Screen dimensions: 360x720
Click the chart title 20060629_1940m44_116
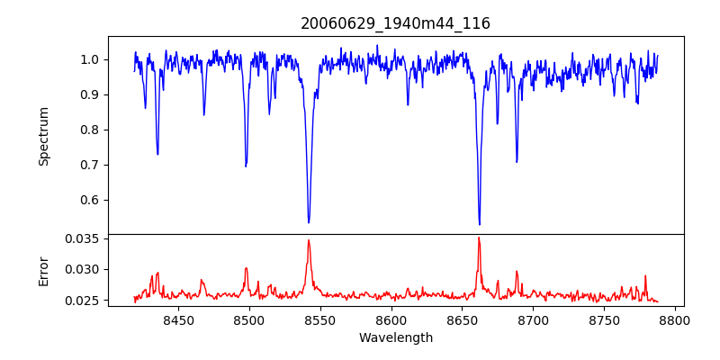pos(395,23)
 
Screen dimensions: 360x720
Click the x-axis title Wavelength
pos(395,338)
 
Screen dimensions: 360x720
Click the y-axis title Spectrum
pos(44,136)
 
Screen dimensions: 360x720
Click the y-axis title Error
pos(44,270)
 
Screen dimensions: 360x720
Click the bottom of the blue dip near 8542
pos(309,222)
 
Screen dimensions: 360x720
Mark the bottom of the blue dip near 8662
pos(479,224)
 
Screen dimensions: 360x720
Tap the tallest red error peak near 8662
pos(479,238)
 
